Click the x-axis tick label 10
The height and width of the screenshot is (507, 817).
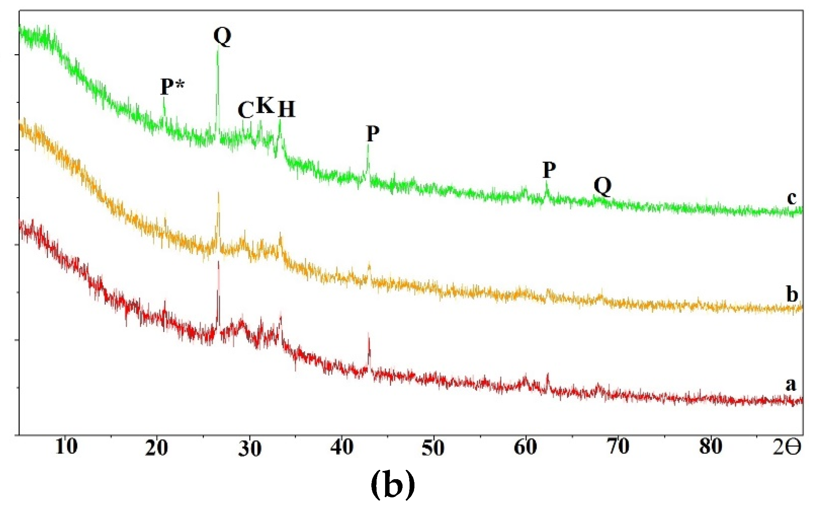pyautogui.click(x=66, y=447)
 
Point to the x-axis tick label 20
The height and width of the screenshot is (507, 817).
pyautogui.click(x=157, y=448)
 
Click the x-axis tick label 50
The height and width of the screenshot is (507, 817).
pyautogui.click(x=433, y=448)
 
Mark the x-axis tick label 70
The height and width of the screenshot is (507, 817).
pyautogui.click(x=618, y=447)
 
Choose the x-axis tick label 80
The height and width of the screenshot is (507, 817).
pyautogui.click(x=710, y=447)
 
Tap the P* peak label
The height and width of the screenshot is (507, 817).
pyautogui.click(x=172, y=87)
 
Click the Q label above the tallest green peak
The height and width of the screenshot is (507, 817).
pyautogui.click(x=222, y=36)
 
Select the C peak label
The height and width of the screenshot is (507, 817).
pyautogui.click(x=245, y=110)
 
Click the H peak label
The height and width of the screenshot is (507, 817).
pyautogui.click(x=287, y=109)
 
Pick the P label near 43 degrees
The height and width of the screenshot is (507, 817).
pyautogui.click(x=373, y=134)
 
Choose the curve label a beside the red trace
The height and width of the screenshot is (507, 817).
pyautogui.click(x=791, y=385)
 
